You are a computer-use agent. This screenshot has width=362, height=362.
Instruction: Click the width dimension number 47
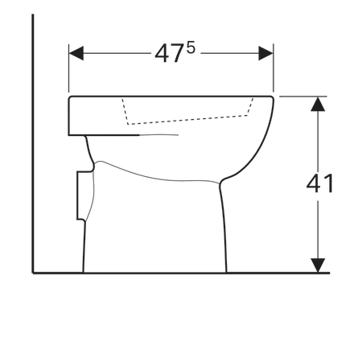pos(170,54)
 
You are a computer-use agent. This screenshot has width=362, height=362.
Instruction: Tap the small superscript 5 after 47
pos(191,49)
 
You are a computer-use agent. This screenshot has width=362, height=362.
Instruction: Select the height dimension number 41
pos(320,183)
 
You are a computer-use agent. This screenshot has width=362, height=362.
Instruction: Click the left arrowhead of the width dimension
pos(76,53)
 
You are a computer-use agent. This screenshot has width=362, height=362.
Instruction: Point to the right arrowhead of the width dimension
pos(265,53)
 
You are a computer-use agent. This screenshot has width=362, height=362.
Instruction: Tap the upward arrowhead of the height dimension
pos(318,104)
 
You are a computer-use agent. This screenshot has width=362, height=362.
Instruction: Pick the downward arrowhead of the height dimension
pos(318,265)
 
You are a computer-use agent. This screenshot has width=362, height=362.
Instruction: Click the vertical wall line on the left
pos(33,143)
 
